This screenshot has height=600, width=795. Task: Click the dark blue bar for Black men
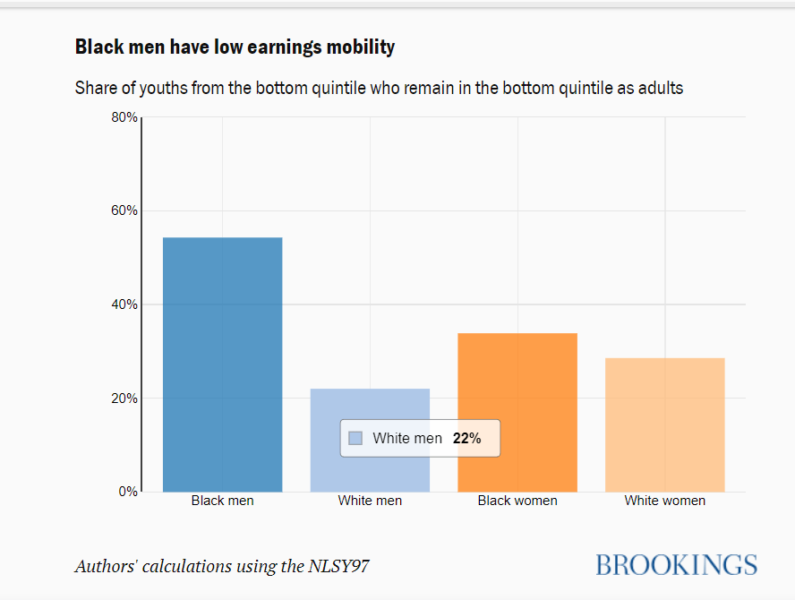222,364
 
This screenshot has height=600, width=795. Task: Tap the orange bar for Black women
517,412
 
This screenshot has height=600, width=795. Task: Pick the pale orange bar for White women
664,424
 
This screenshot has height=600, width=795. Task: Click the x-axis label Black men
222,501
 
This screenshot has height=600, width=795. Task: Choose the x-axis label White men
370,501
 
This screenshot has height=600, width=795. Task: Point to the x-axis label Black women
517,501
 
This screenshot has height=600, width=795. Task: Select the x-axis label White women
664,501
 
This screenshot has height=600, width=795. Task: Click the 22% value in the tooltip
466,438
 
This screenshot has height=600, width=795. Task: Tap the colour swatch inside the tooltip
355,438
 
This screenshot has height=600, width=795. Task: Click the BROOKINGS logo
676,565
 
